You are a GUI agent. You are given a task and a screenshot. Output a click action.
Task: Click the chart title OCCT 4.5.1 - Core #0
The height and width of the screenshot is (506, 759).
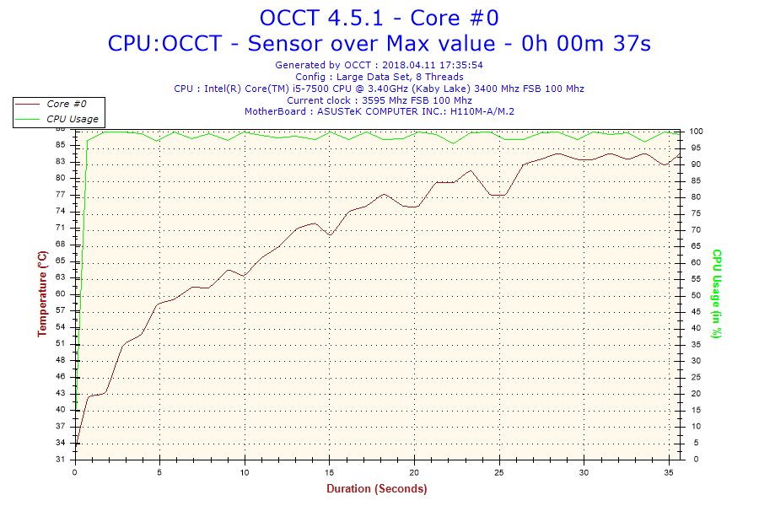click(x=379, y=18)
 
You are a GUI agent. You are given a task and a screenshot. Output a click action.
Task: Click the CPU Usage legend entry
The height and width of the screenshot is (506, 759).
click(x=72, y=119)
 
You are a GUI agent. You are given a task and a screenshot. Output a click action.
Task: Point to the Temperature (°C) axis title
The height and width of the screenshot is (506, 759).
click(x=42, y=293)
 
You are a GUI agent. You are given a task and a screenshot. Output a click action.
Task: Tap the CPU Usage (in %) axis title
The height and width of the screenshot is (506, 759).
click(x=716, y=293)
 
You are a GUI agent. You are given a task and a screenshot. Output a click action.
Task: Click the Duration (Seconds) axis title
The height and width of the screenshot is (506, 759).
click(x=376, y=488)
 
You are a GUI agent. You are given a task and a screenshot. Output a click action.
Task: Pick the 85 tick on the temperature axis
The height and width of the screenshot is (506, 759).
click(x=61, y=144)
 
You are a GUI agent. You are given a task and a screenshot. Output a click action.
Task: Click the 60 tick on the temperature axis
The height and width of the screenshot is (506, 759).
click(x=61, y=293)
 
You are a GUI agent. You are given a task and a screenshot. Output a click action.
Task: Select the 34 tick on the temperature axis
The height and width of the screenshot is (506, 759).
click(x=61, y=443)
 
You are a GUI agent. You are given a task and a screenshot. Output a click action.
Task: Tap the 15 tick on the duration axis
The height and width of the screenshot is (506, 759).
click(x=330, y=471)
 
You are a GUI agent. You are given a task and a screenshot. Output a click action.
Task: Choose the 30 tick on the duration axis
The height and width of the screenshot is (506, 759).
click(x=584, y=471)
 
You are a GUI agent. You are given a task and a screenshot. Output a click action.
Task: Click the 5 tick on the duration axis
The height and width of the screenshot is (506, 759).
click(x=160, y=471)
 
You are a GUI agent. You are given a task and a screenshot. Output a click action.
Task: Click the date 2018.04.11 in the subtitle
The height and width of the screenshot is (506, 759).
click(x=408, y=65)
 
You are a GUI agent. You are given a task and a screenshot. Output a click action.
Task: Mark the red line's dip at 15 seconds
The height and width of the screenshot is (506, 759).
click(x=330, y=235)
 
